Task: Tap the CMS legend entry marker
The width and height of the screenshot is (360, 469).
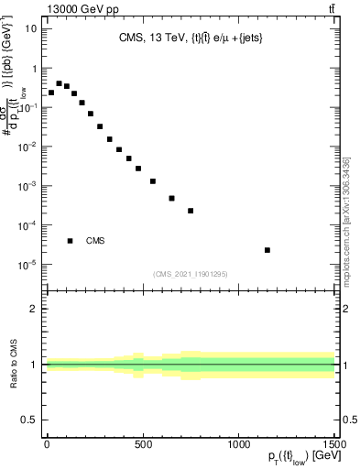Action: point(70,241)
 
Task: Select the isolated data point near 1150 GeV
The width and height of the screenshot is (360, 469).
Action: point(267,250)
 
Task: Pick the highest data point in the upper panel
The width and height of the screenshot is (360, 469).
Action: point(59,83)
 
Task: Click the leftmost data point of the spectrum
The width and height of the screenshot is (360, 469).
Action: point(50,93)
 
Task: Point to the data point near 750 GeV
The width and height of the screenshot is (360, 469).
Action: point(191,211)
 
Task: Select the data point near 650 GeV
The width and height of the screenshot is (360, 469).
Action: point(171,198)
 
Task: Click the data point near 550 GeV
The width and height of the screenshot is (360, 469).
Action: point(152,181)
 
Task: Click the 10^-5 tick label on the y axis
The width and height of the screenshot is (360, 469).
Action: point(27,265)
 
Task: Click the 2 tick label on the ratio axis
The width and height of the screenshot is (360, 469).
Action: point(33,309)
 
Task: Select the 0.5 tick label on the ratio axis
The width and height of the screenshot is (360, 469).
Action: point(28,420)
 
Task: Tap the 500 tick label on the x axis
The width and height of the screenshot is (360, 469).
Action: point(142,445)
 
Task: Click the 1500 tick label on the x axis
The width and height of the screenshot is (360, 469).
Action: point(333,445)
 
